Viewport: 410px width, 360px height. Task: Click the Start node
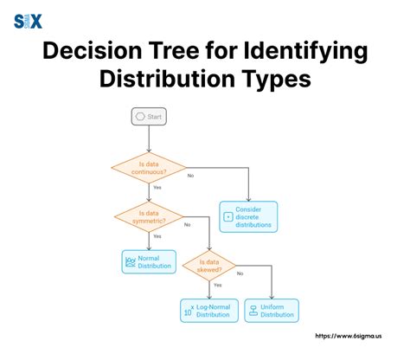[x=148, y=116]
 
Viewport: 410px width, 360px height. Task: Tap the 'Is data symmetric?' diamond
[x=149, y=215]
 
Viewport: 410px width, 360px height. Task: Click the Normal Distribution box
[x=149, y=261]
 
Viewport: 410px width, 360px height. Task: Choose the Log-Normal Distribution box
[x=211, y=310]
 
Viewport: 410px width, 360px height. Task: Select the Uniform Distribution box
[x=272, y=310]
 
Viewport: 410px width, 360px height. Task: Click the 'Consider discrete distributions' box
[x=248, y=215]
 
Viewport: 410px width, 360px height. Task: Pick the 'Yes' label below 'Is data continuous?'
[x=157, y=188]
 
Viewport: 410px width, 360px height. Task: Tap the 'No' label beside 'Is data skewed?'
[x=252, y=274]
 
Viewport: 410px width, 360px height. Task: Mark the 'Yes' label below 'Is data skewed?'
[x=217, y=285]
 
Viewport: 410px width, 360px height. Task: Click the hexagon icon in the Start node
[x=138, y=116]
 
